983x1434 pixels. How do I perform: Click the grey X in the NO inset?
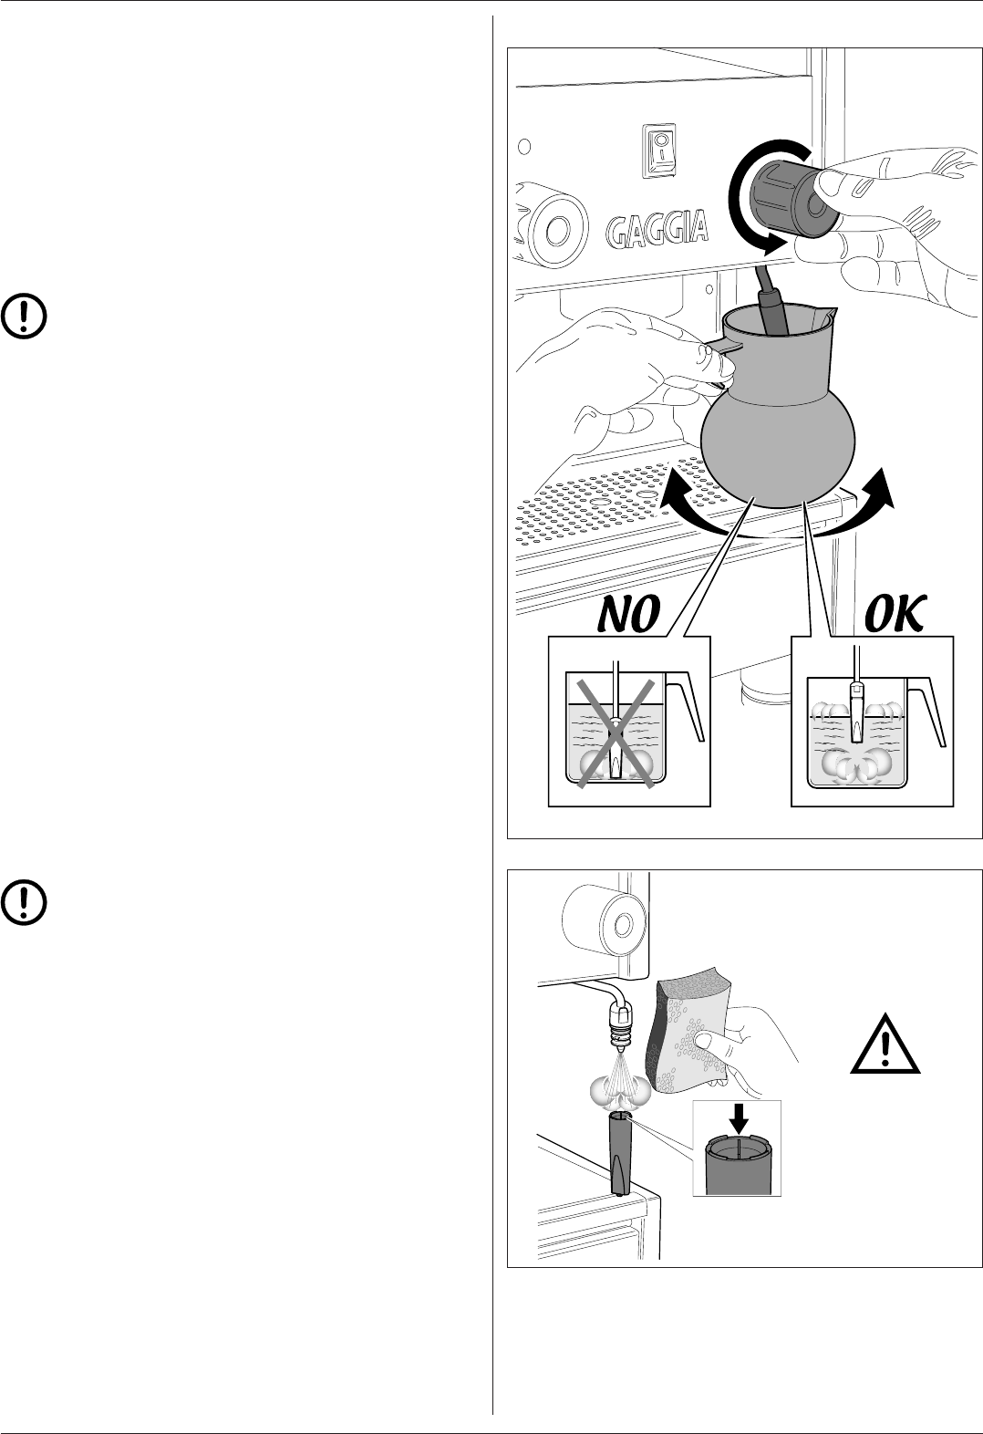click(x=614, y=733)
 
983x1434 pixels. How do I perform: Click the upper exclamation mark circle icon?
click(x=26, y=315)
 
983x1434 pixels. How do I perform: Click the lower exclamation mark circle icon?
click(x=26, y=900)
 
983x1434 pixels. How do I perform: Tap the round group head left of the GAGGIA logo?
click(x=551, y=223)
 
